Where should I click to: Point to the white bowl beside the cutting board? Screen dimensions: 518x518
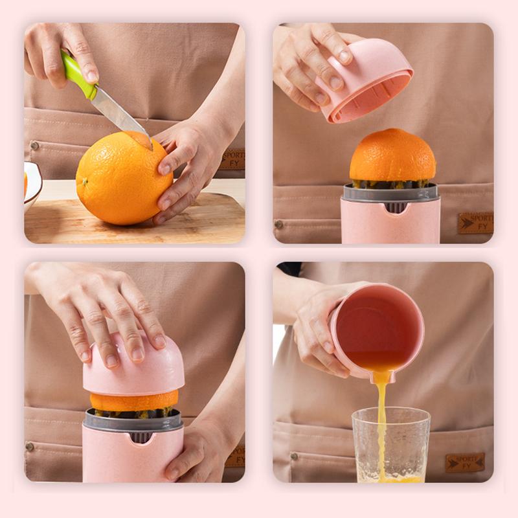point(31,185)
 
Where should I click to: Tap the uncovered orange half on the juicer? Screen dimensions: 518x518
point(392,155)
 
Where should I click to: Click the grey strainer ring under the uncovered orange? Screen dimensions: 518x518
point(390,192)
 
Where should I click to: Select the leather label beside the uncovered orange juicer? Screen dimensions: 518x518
point(475,223)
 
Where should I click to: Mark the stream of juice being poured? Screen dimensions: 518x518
point(382,421)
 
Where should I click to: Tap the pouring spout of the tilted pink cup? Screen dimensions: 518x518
point(381,375)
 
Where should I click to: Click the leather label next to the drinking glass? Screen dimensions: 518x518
point(464,462)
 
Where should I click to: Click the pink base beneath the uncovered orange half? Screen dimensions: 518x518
point(390,223)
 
